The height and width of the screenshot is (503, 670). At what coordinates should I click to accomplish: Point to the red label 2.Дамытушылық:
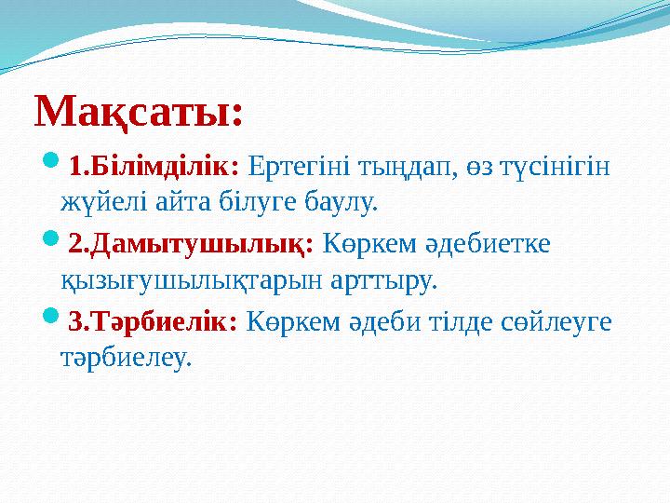tap(192, 244)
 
